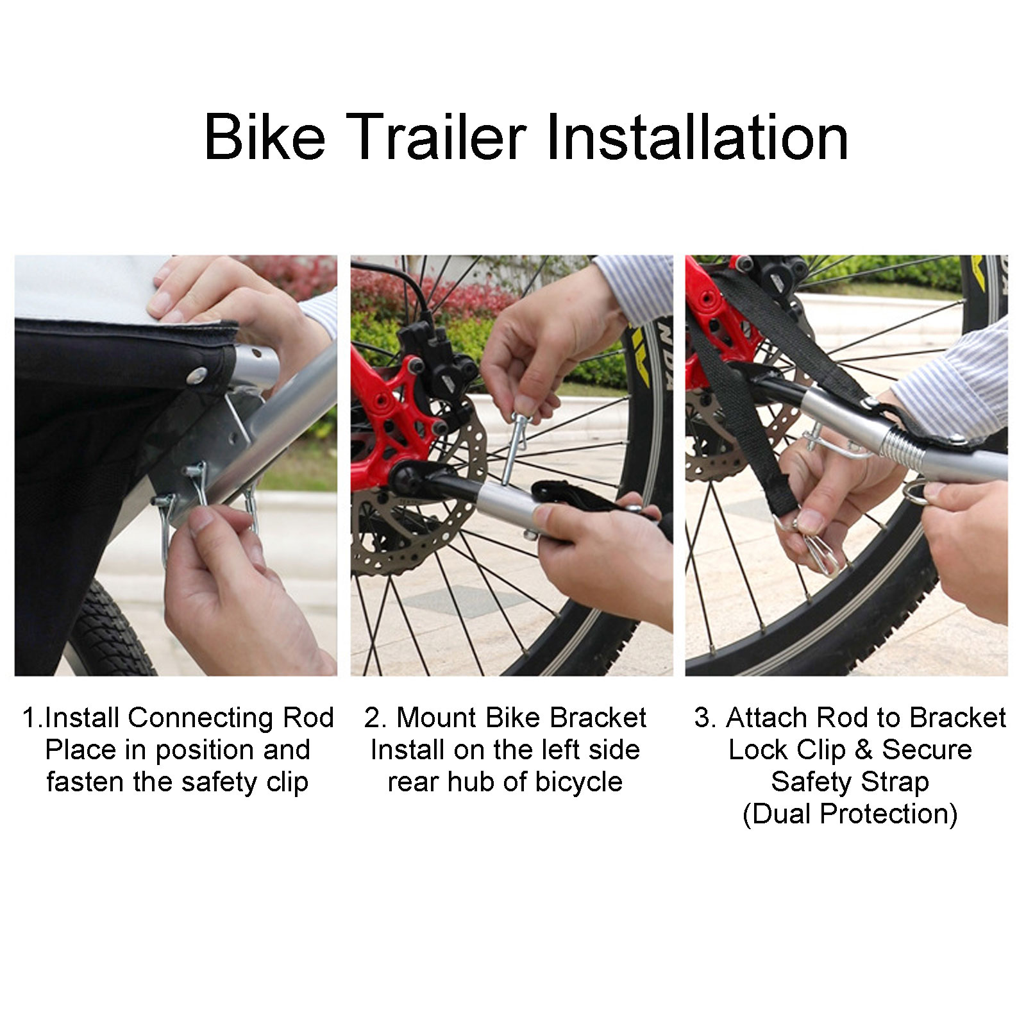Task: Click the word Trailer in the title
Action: (x=439, y=137)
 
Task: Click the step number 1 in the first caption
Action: (x=29, y=718)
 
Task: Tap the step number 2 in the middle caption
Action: (x=372, y=718)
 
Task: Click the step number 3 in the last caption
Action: (x=702, y=718)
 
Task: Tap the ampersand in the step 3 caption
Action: (x=863, y=750)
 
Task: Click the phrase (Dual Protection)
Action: (x=850, y=814)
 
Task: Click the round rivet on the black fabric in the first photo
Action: (x=198, y=374)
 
